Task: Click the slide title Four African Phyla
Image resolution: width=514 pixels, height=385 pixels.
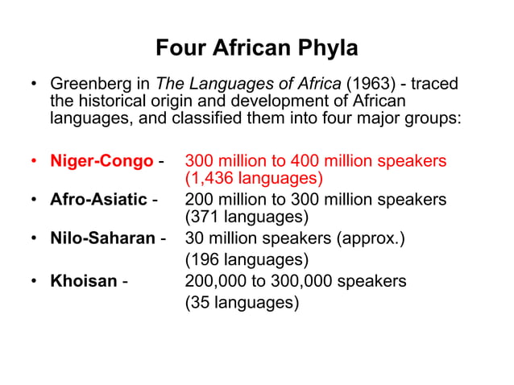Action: click(x=256, y=48)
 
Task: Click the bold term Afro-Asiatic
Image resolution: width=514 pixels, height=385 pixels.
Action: click(x=98, y=199)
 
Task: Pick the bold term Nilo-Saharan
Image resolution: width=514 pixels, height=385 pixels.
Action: click(x=103, y=238)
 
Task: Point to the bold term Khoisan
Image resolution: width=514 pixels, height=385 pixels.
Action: click(x=84, y=281)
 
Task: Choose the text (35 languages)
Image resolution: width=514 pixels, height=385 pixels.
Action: click(x=242, y=303)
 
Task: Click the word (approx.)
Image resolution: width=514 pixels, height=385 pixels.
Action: click(x=380, y=238)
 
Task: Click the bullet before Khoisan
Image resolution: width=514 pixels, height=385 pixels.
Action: click(x=34, y=282)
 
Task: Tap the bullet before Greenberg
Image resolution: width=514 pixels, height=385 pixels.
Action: click(x=34, y=85)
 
